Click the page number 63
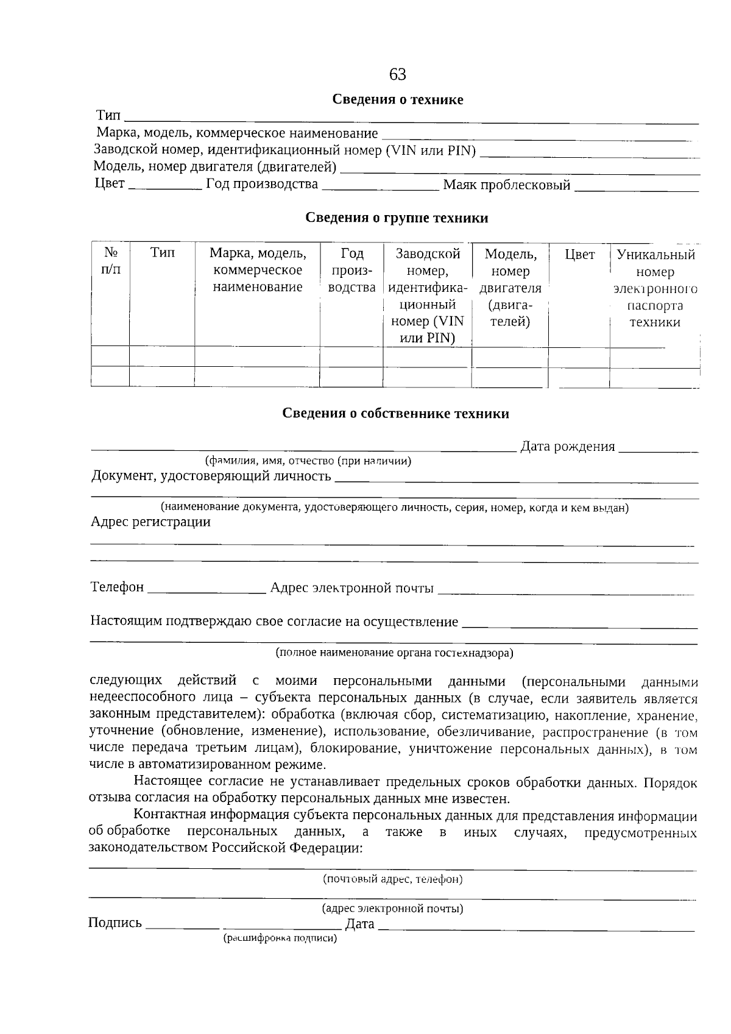[x=397, y=74]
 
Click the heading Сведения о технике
[x=397, y=99]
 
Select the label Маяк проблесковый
[x=506, y=185]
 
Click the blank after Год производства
[x=380, y=186]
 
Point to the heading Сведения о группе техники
[x=397, y=218]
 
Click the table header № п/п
[x=110, y=261]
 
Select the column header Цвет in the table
[x=579, y=255]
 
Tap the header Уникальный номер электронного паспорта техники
[x=655, y=288]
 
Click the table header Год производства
[x=351, y=271]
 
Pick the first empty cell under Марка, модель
[x=257, y=356]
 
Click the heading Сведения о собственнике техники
[x=395, y=414]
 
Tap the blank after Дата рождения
[x=658, y=448]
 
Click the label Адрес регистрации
[x=150, y=522]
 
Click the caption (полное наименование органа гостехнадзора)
[x=394, y=653]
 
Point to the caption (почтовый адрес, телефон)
[x=392, y=879]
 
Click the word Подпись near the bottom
[x=115, y=923]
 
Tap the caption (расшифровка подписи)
[x=280, y=938]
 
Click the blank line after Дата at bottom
[x=536, y=926]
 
